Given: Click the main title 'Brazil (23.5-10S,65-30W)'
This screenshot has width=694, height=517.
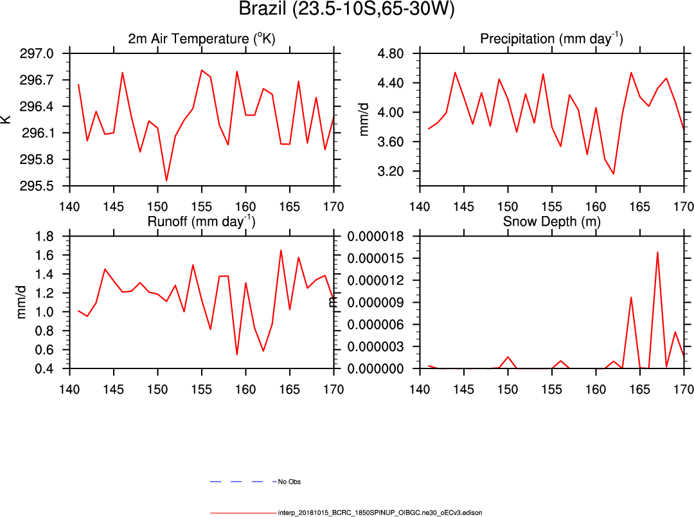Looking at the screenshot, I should point(346,10).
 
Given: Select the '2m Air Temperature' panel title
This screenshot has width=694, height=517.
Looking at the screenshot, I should point(201,39).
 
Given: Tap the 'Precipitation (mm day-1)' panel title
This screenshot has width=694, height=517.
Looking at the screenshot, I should point(551,39).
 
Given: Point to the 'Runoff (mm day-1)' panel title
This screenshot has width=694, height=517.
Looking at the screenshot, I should point(201,222).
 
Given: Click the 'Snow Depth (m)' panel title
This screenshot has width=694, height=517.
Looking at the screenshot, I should point(551,222).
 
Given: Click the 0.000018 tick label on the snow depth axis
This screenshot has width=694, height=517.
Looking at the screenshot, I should point(375,237).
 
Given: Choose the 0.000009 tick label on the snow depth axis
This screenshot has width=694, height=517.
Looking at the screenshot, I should point(375,303).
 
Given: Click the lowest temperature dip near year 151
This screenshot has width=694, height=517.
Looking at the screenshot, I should point(166,181).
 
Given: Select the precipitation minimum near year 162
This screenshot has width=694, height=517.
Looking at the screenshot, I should point(614,174).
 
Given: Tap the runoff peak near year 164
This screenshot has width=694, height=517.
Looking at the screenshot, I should point(281,250).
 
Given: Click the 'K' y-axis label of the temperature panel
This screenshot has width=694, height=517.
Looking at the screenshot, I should point(6,119).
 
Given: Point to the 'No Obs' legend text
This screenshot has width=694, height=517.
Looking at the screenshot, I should point(289,482).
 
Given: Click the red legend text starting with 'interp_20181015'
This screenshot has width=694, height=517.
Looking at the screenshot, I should point(380,513).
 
